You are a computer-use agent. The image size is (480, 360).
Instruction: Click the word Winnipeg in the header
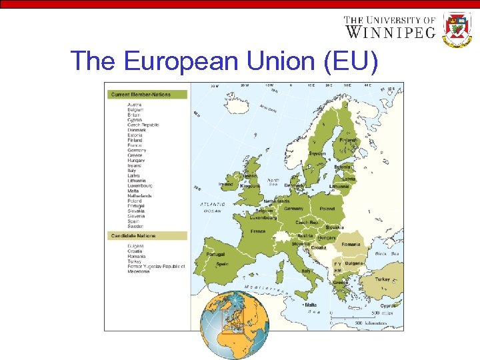coord(390,31)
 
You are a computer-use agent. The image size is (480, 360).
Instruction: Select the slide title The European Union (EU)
coord(225,61)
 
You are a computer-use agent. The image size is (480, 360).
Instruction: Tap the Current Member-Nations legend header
coord(141,95)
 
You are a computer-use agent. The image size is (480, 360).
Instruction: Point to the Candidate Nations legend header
coord(133,235)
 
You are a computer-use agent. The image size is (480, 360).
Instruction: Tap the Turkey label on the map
coord(383,279)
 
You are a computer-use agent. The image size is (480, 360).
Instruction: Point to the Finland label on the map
coord(347,141)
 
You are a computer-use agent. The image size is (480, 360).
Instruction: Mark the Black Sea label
coord(387,254)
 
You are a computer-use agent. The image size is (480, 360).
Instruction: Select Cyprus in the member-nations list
coord(135,119)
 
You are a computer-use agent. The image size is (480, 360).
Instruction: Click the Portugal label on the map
coord(215,254)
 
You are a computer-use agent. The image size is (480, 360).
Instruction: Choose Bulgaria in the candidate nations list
coord(136,246)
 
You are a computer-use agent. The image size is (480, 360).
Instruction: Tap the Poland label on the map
coord(327,208)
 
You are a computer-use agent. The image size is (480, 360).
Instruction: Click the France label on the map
coord(258,231)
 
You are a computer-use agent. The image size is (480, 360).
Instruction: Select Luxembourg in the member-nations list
coord(140,185)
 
